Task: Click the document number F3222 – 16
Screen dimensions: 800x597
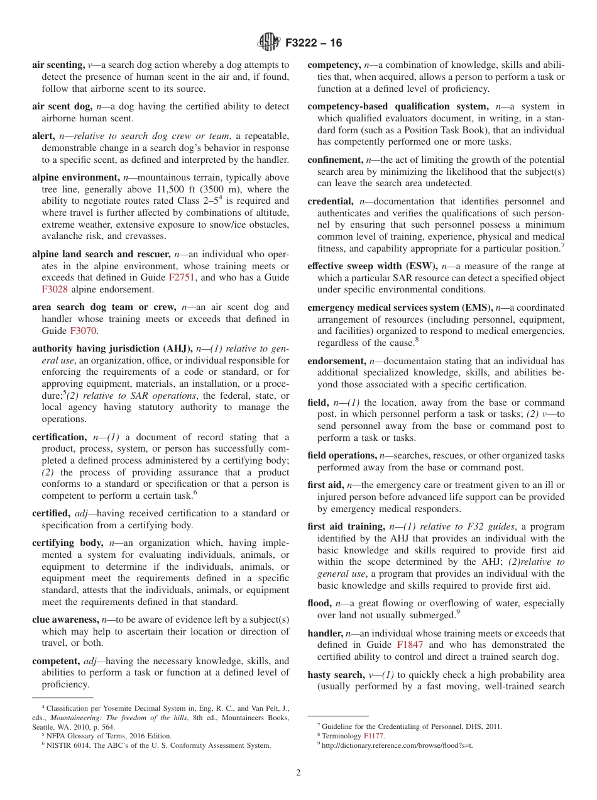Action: tap(314, 43)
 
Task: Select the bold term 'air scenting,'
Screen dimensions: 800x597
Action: tap(58, 65)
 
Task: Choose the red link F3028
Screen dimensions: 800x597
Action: tap(55, 289)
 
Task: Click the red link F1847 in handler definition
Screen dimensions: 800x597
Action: tap(410, 645)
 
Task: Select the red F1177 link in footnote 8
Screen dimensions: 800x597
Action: tap(374, 736)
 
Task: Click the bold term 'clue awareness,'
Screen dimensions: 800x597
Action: tap(65, 619)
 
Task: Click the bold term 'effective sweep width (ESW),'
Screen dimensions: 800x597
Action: tap(373, 267)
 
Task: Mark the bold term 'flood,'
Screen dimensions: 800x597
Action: tap(319, 603)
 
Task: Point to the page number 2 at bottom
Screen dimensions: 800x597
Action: tap(298, 773)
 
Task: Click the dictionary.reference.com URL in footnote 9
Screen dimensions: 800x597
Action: tap(397, 745)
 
